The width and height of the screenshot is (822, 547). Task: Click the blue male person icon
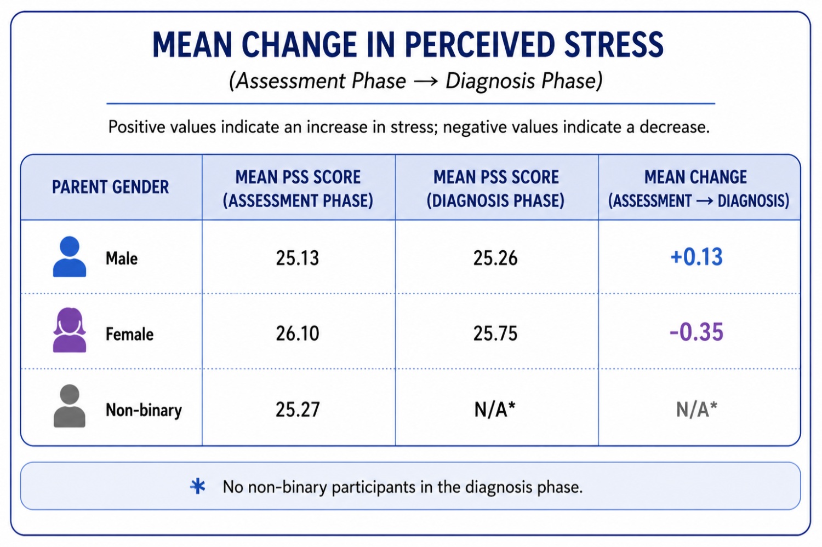click(70, 257)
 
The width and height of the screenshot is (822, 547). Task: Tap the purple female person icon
click(70, 330)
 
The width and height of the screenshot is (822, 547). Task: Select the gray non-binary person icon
click(70, 406)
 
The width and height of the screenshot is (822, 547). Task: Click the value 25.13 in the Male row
click(298, 258)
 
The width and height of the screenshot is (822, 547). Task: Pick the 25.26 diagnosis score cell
click(495, 258)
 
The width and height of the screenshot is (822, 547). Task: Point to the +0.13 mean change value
click(697, 257)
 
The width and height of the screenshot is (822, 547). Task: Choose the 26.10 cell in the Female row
click(298, 333)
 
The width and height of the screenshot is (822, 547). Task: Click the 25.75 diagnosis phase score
click(495, 333)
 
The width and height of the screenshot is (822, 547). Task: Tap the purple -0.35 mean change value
click(697, 332)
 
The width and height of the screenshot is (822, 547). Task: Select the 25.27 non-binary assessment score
click(298, 409)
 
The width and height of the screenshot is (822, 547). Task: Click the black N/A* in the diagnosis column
click(495, 409)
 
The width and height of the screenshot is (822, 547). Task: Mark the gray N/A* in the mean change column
click(697, 409)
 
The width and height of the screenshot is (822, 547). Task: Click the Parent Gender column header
click(111, 187)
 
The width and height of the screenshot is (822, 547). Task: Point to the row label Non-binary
click(144, 410)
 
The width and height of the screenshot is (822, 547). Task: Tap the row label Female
click(129, 334)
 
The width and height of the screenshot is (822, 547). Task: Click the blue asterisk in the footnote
click(198, 487)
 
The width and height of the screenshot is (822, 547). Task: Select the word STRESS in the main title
click(614, 44)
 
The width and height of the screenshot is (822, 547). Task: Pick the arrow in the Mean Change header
click(704, 201)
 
